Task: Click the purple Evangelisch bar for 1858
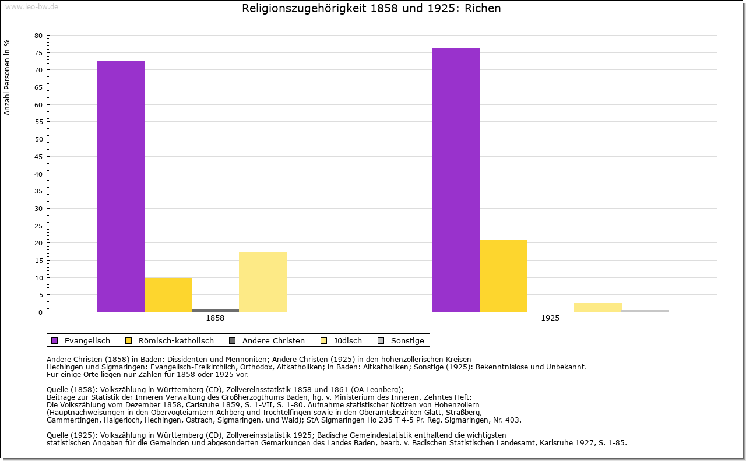[121, 186]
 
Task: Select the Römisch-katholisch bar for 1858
[168, 295]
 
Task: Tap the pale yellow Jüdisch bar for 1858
[263, 281]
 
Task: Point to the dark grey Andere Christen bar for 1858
[216, 311]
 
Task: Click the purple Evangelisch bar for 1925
[456, 180]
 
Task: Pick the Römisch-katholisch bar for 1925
[504, 276]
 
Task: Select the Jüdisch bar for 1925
[598, 307]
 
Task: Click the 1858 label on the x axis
[215, 319]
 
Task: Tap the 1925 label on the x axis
[550, 319]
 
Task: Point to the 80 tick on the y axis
[38, 36]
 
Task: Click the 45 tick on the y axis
[38, 156]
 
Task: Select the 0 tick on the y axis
[40, 312]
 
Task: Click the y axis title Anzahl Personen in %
[7, 78]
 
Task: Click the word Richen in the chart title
[483, 9]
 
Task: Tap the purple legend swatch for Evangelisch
[55, 340]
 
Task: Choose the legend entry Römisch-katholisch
[176, 340]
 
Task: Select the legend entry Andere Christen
[273, 340]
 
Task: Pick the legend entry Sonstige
[407, 340]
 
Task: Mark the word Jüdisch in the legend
[349, 340]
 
